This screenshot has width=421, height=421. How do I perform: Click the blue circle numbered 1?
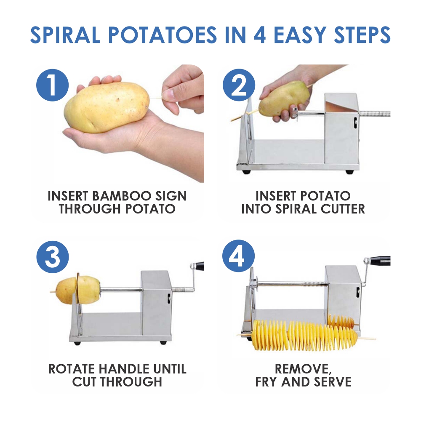pyautogui.click(x=52, y=85)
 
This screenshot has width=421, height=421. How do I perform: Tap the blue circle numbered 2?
pyautogui.click(x=239, y=85)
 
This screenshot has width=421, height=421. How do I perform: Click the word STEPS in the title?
pyautogui.click(x=362, y=35)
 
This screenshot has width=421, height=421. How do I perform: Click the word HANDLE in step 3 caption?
pyautogui.click(x=127, y=369)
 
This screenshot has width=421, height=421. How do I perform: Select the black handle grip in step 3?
pyautogui.click(x=199, y=266)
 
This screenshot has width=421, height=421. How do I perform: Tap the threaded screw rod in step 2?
pyautogui.click(x=374, y=114)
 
